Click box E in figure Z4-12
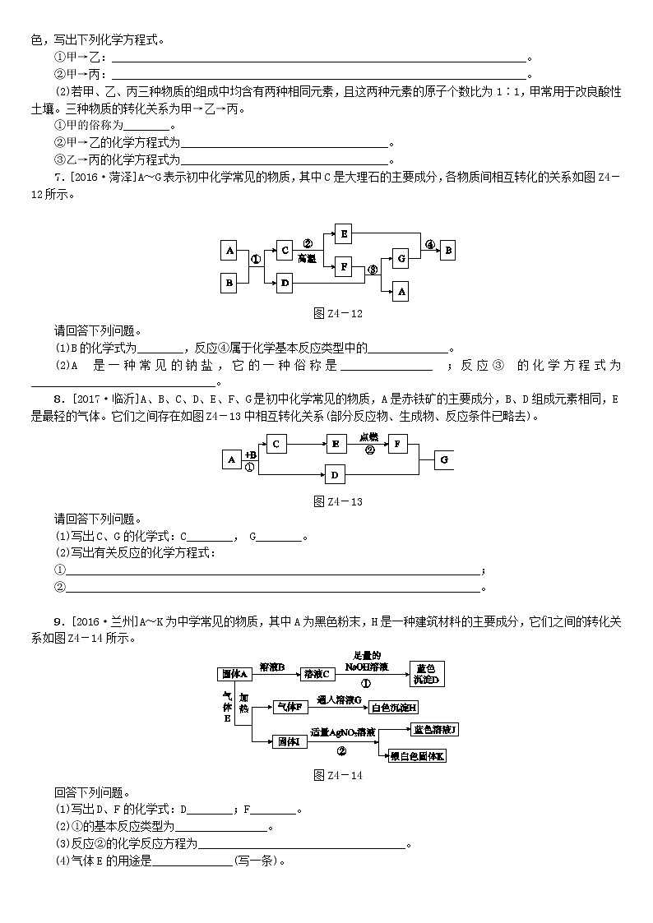point(344,233)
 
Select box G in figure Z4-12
point(401,259)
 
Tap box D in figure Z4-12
point(285,283)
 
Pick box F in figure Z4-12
point(344,265)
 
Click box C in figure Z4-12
point(285,250)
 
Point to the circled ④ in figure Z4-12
point(429,244)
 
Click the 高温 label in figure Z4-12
point(308,257)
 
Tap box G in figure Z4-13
point(443,459)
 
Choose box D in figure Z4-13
point(334,474)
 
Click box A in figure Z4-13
point(231,459)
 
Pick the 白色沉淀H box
point(394,706)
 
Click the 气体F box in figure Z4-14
point(289,706)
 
